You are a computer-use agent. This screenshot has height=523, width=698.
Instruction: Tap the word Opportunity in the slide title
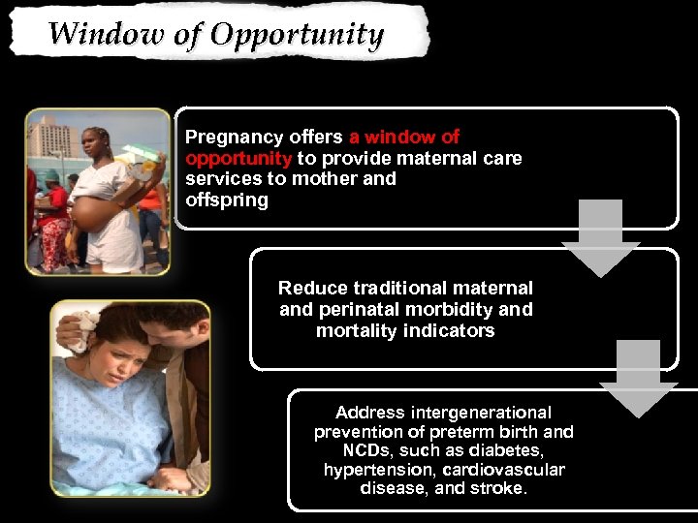click(x=298, y=35)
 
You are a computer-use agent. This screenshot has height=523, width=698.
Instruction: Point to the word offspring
click(x=226, y=200)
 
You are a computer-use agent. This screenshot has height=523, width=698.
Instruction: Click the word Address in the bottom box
click(x=367, y=412)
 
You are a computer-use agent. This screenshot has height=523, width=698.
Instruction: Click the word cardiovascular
click(x=504, y=470)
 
